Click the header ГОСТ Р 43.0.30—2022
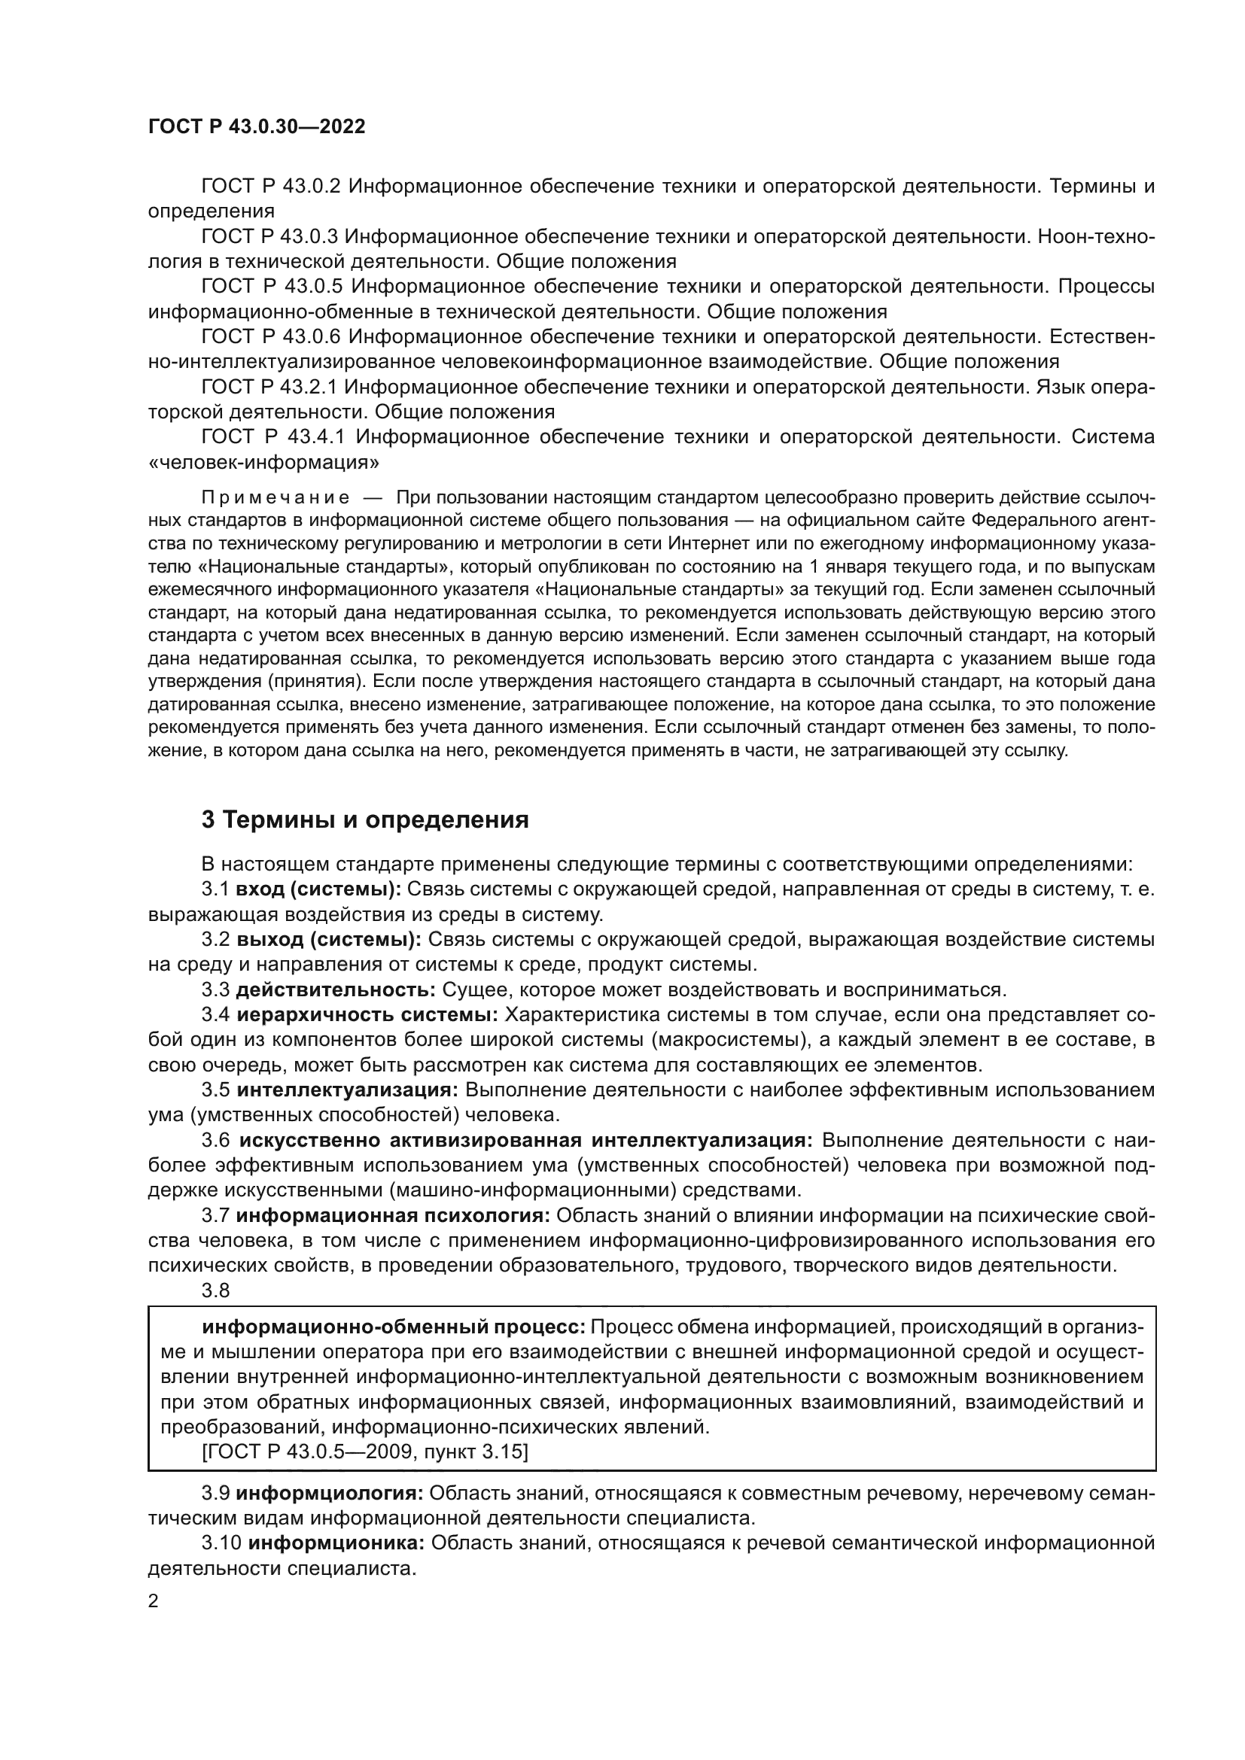(256, 126)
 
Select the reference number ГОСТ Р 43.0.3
(270, 237)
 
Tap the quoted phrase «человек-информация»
(264, 462)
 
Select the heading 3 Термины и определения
(365, 820)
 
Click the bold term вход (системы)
(318, 889)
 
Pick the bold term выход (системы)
(329, 940)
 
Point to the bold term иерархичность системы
(367, 1015)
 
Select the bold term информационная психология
(393, 1216)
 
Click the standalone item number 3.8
(215, 1290)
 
